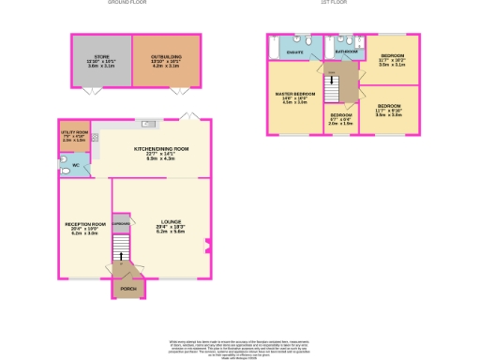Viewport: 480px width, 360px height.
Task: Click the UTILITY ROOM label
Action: [74, 134]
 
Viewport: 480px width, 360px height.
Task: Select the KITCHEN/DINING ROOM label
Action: [161, 149]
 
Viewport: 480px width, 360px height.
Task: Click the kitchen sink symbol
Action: [147, 124]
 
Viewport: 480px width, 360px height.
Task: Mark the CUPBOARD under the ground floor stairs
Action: [121, 224]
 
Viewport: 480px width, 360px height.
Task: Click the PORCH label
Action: [127, 289]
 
